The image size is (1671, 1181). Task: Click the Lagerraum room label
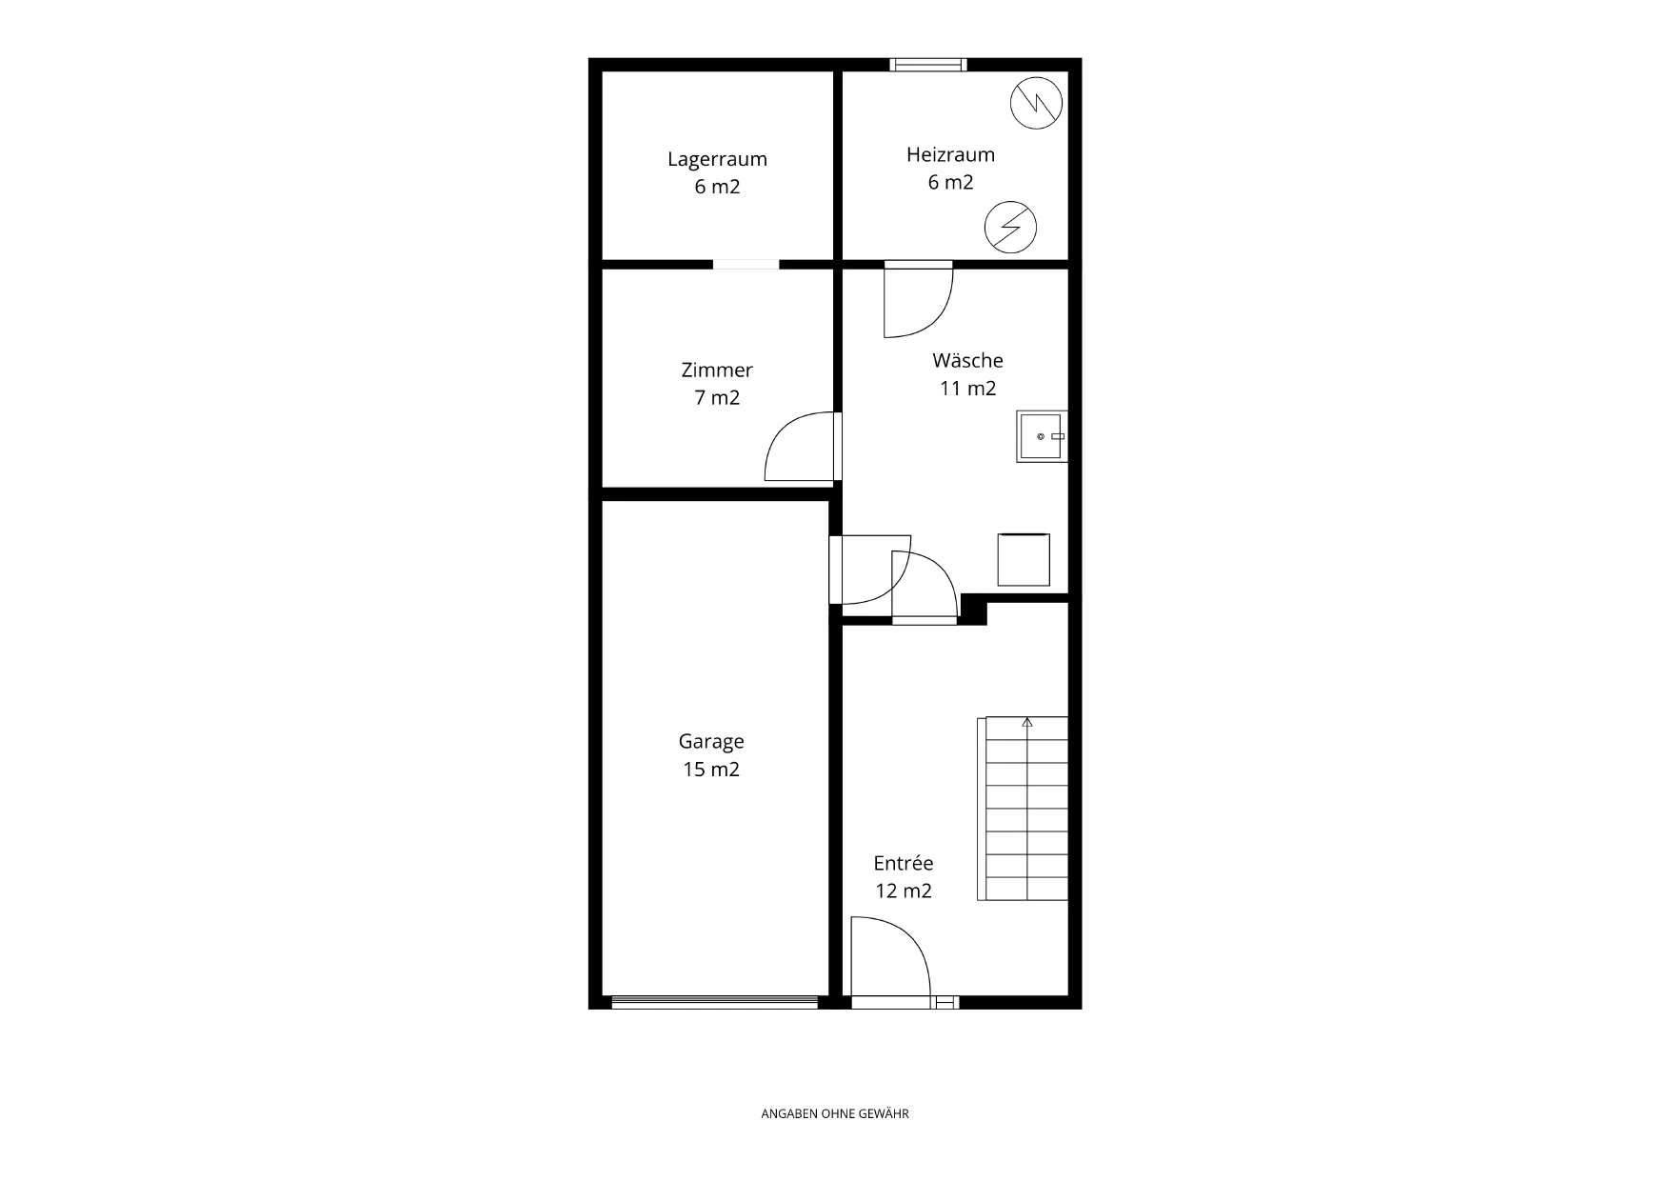(717, 159)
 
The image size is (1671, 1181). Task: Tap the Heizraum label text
(950, 154)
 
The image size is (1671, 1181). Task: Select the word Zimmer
(717, 370)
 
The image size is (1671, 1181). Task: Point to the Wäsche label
(967, 360)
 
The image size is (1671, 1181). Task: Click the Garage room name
(711, 742)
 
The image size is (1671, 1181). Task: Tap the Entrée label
(904, 863)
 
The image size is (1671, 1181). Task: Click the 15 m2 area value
(711, 770)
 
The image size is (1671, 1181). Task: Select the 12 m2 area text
(904, 891)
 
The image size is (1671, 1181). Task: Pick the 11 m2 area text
(967, 388)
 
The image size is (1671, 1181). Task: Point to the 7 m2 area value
(717, 397)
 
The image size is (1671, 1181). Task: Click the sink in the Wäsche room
(1042, 436)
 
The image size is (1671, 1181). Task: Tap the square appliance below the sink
(1024, 560)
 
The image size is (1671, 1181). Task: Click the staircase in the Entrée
(1023, 809)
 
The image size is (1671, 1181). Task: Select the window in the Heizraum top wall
(928, 65)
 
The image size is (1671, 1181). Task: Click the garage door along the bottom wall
(714, 1002)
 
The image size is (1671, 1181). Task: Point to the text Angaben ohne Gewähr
(835, 1113)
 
